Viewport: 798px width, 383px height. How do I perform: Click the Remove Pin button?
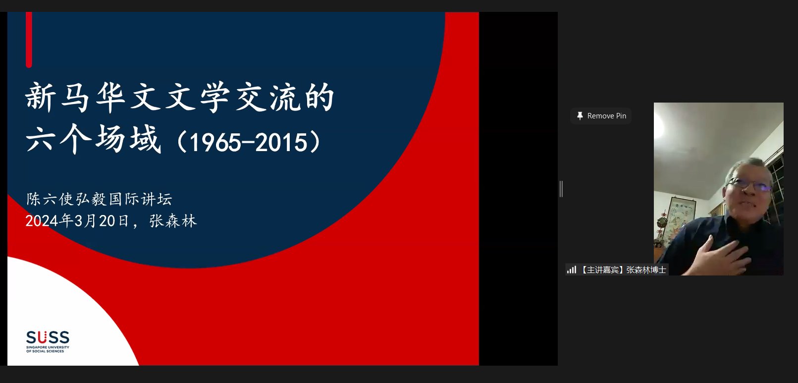click(x=601, y=116)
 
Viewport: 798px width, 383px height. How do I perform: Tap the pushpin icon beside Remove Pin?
click(x=580, y=116)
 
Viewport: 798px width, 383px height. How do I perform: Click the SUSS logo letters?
click(x=48, y=337)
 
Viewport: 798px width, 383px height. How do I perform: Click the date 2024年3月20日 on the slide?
click(x=77, y=221)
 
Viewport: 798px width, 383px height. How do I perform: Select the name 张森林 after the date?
click(x=173, y=221)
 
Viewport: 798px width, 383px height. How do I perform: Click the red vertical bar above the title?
click(x=29, y=40)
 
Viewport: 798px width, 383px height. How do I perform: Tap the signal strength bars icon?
click(x=572, y=270)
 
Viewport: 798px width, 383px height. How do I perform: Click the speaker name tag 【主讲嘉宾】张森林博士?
click(x=623, y=270)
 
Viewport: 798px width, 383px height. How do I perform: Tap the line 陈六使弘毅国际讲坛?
click(x=99, y=199)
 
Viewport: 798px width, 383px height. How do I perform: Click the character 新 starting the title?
click(x=40, y=97)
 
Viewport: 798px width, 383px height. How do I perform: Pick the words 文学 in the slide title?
click(x=197, y=97)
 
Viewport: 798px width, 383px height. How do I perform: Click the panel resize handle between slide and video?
click(x=561, y=189)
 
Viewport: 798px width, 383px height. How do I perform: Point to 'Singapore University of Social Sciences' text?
click(x=48, y=349)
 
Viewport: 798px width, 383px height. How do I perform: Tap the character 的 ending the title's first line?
click(x=319, y=97)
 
